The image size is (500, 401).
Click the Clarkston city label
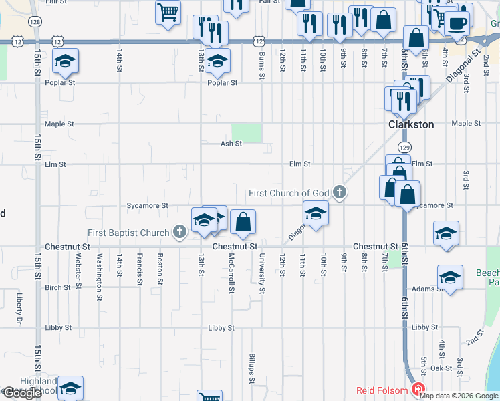412,124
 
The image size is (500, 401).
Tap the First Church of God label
289,193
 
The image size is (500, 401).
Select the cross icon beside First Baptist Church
179,232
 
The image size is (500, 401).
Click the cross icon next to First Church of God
340,193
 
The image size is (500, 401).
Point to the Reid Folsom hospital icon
418,390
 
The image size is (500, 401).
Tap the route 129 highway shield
404,146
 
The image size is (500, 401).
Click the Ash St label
231,144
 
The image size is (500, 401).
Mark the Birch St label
57,288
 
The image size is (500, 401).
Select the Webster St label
78,267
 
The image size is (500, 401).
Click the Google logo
22,393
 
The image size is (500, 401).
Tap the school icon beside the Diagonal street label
316,214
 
